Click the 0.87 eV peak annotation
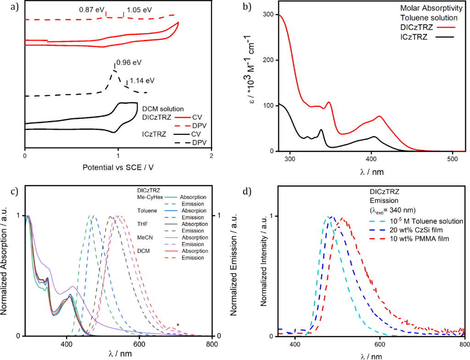(90, 9)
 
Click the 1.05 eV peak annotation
(140, 9)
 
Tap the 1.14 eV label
(142, 81)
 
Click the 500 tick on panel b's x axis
(453, 159)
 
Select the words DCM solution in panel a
(162, 109)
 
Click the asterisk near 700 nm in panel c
(178, 326)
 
